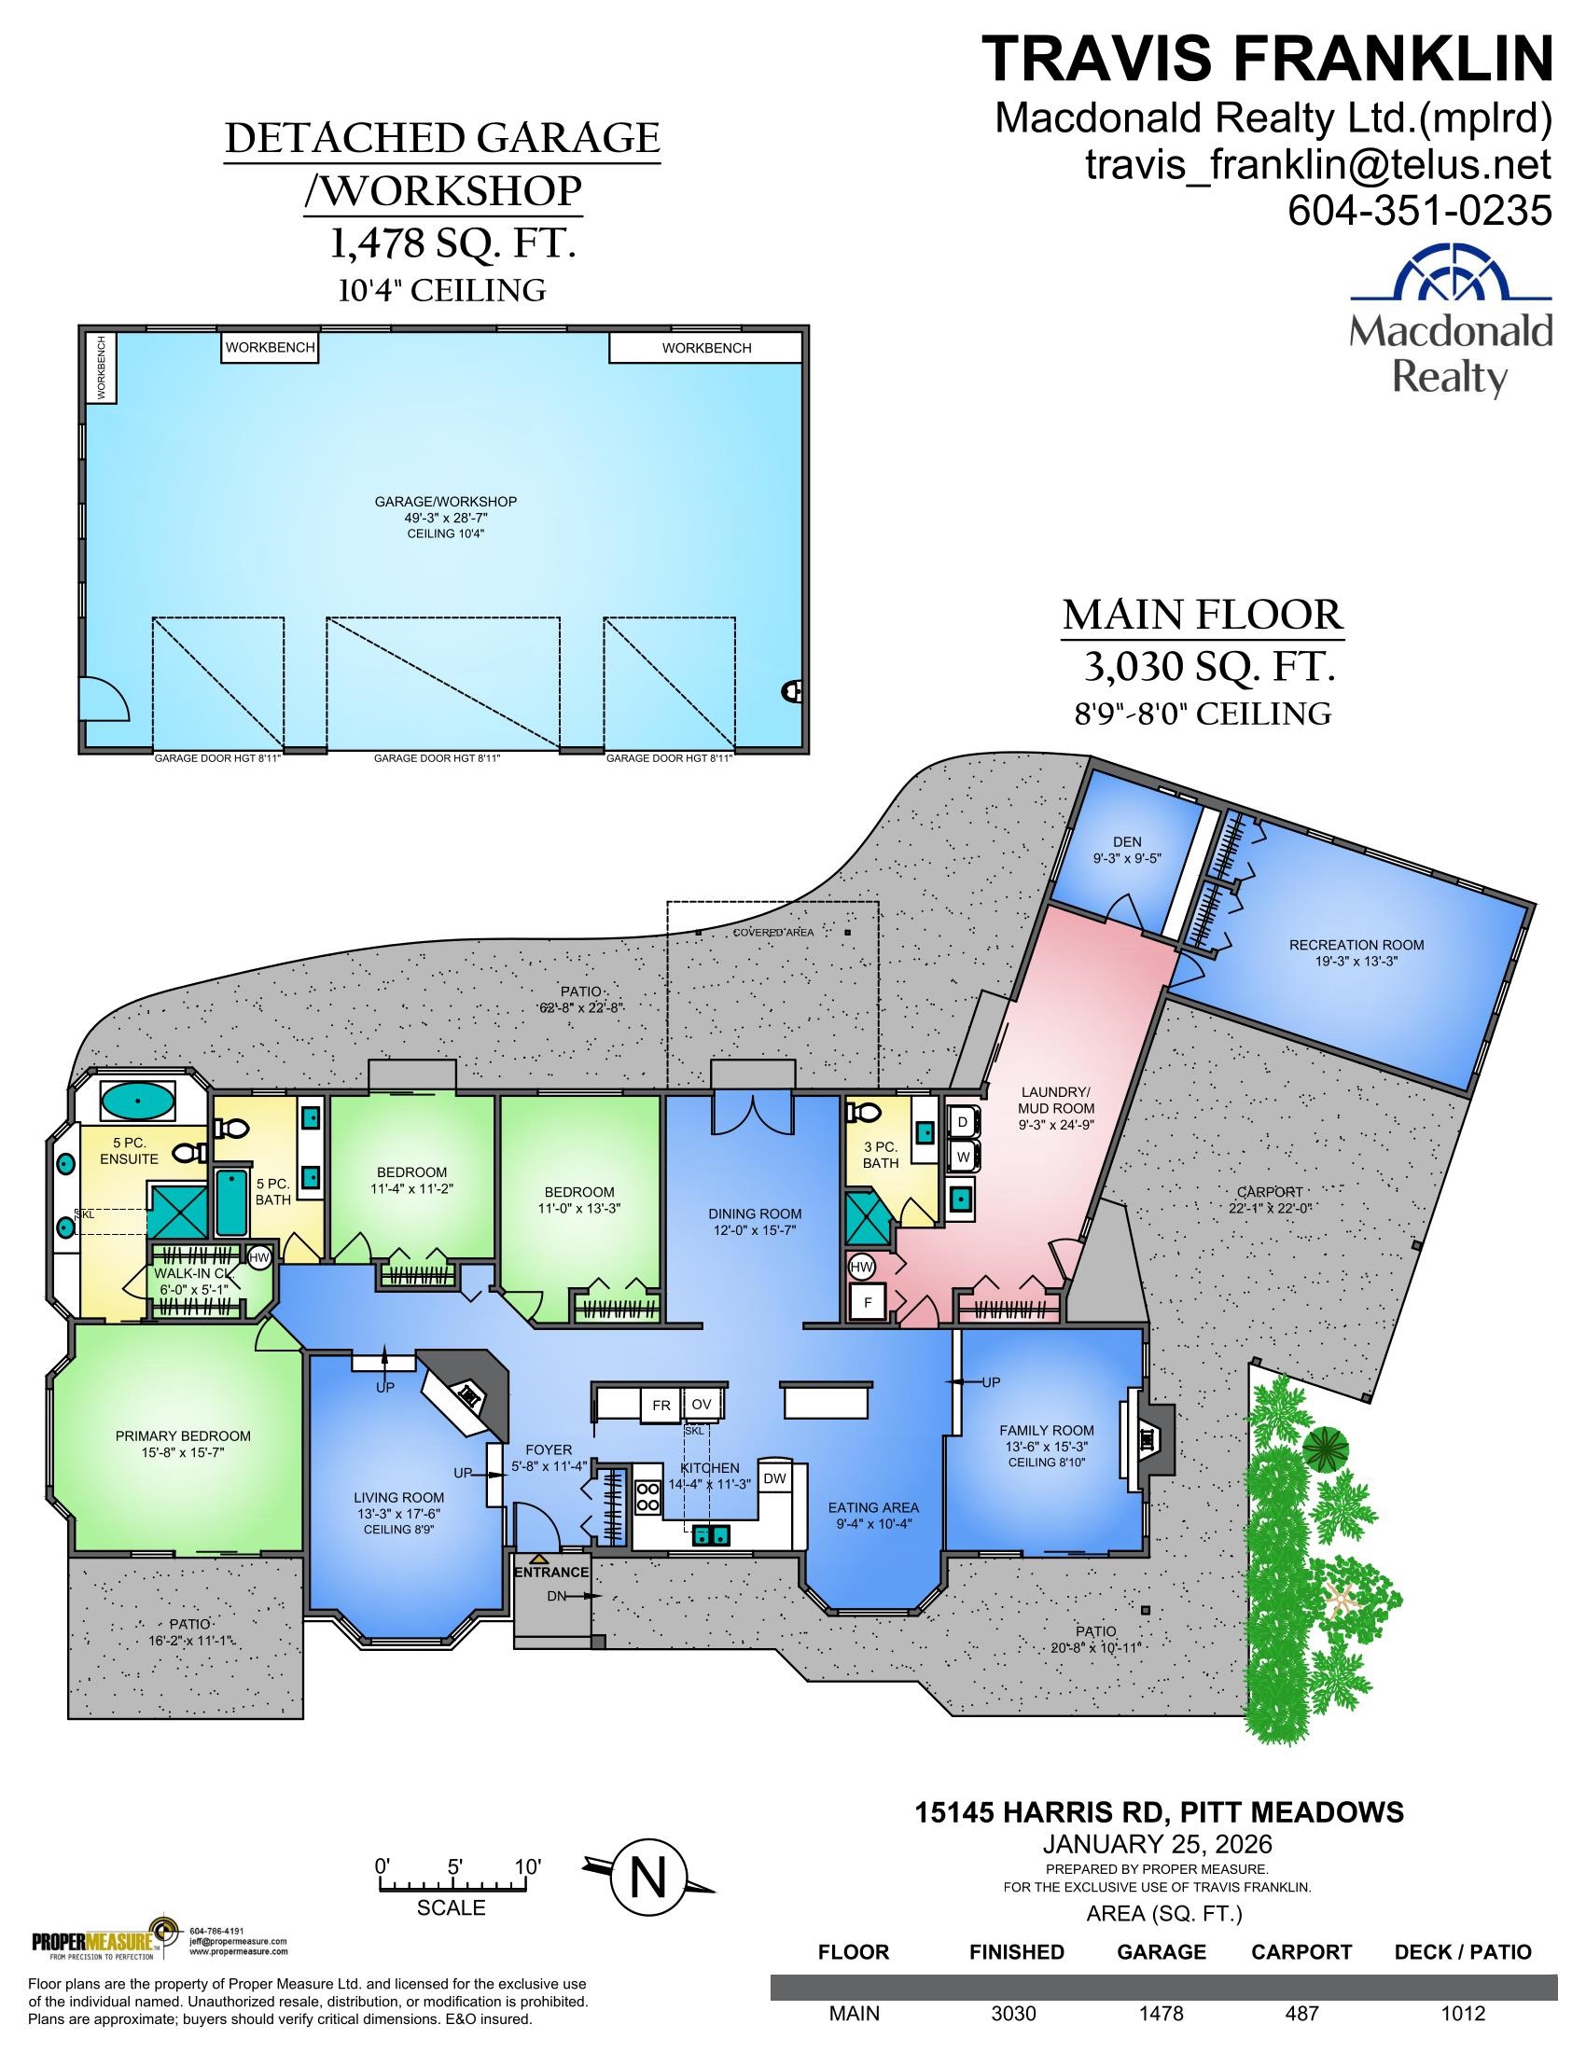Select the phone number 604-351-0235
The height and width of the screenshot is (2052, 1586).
point(1419,210)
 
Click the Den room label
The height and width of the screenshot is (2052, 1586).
point(1127,850)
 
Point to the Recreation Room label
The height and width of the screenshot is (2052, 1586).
point(1356,951)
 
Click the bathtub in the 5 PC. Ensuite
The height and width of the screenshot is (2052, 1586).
point(137,1101)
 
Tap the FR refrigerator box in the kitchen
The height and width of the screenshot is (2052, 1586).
point(661,1405)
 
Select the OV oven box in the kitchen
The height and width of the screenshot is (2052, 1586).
point(701,1404)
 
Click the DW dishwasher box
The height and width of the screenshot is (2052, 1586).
point(774,1478)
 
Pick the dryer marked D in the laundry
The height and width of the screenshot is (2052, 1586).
point(962,1122)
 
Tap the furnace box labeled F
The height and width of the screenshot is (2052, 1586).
point(868,1303)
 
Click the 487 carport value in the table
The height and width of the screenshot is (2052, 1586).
point(1302,2014)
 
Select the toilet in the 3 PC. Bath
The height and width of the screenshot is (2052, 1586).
point(863,1113)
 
